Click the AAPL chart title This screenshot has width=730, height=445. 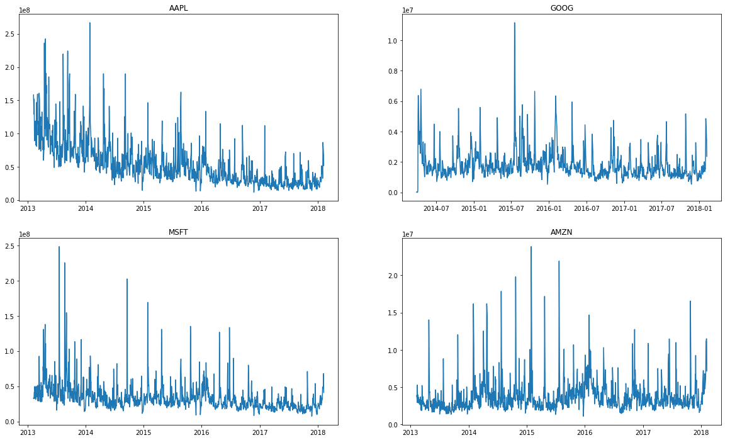(178, 8)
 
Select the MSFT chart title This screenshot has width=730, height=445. (178, 232)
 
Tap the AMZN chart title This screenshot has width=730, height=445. (561, 232)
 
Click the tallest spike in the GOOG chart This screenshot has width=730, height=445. (514, 23)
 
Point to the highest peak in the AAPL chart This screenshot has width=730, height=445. (89, 23)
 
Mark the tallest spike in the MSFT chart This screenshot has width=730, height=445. (59, 247)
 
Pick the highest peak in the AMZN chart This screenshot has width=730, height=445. (531, 247)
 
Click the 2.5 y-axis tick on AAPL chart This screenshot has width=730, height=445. (10, 34)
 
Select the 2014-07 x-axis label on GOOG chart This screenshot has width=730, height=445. (435, 208)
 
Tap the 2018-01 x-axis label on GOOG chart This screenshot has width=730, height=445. (699, 208)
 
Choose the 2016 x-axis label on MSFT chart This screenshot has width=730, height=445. (201, 432)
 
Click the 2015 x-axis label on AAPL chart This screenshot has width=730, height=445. (143, 208)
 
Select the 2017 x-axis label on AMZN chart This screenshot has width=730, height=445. (643, 432)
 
